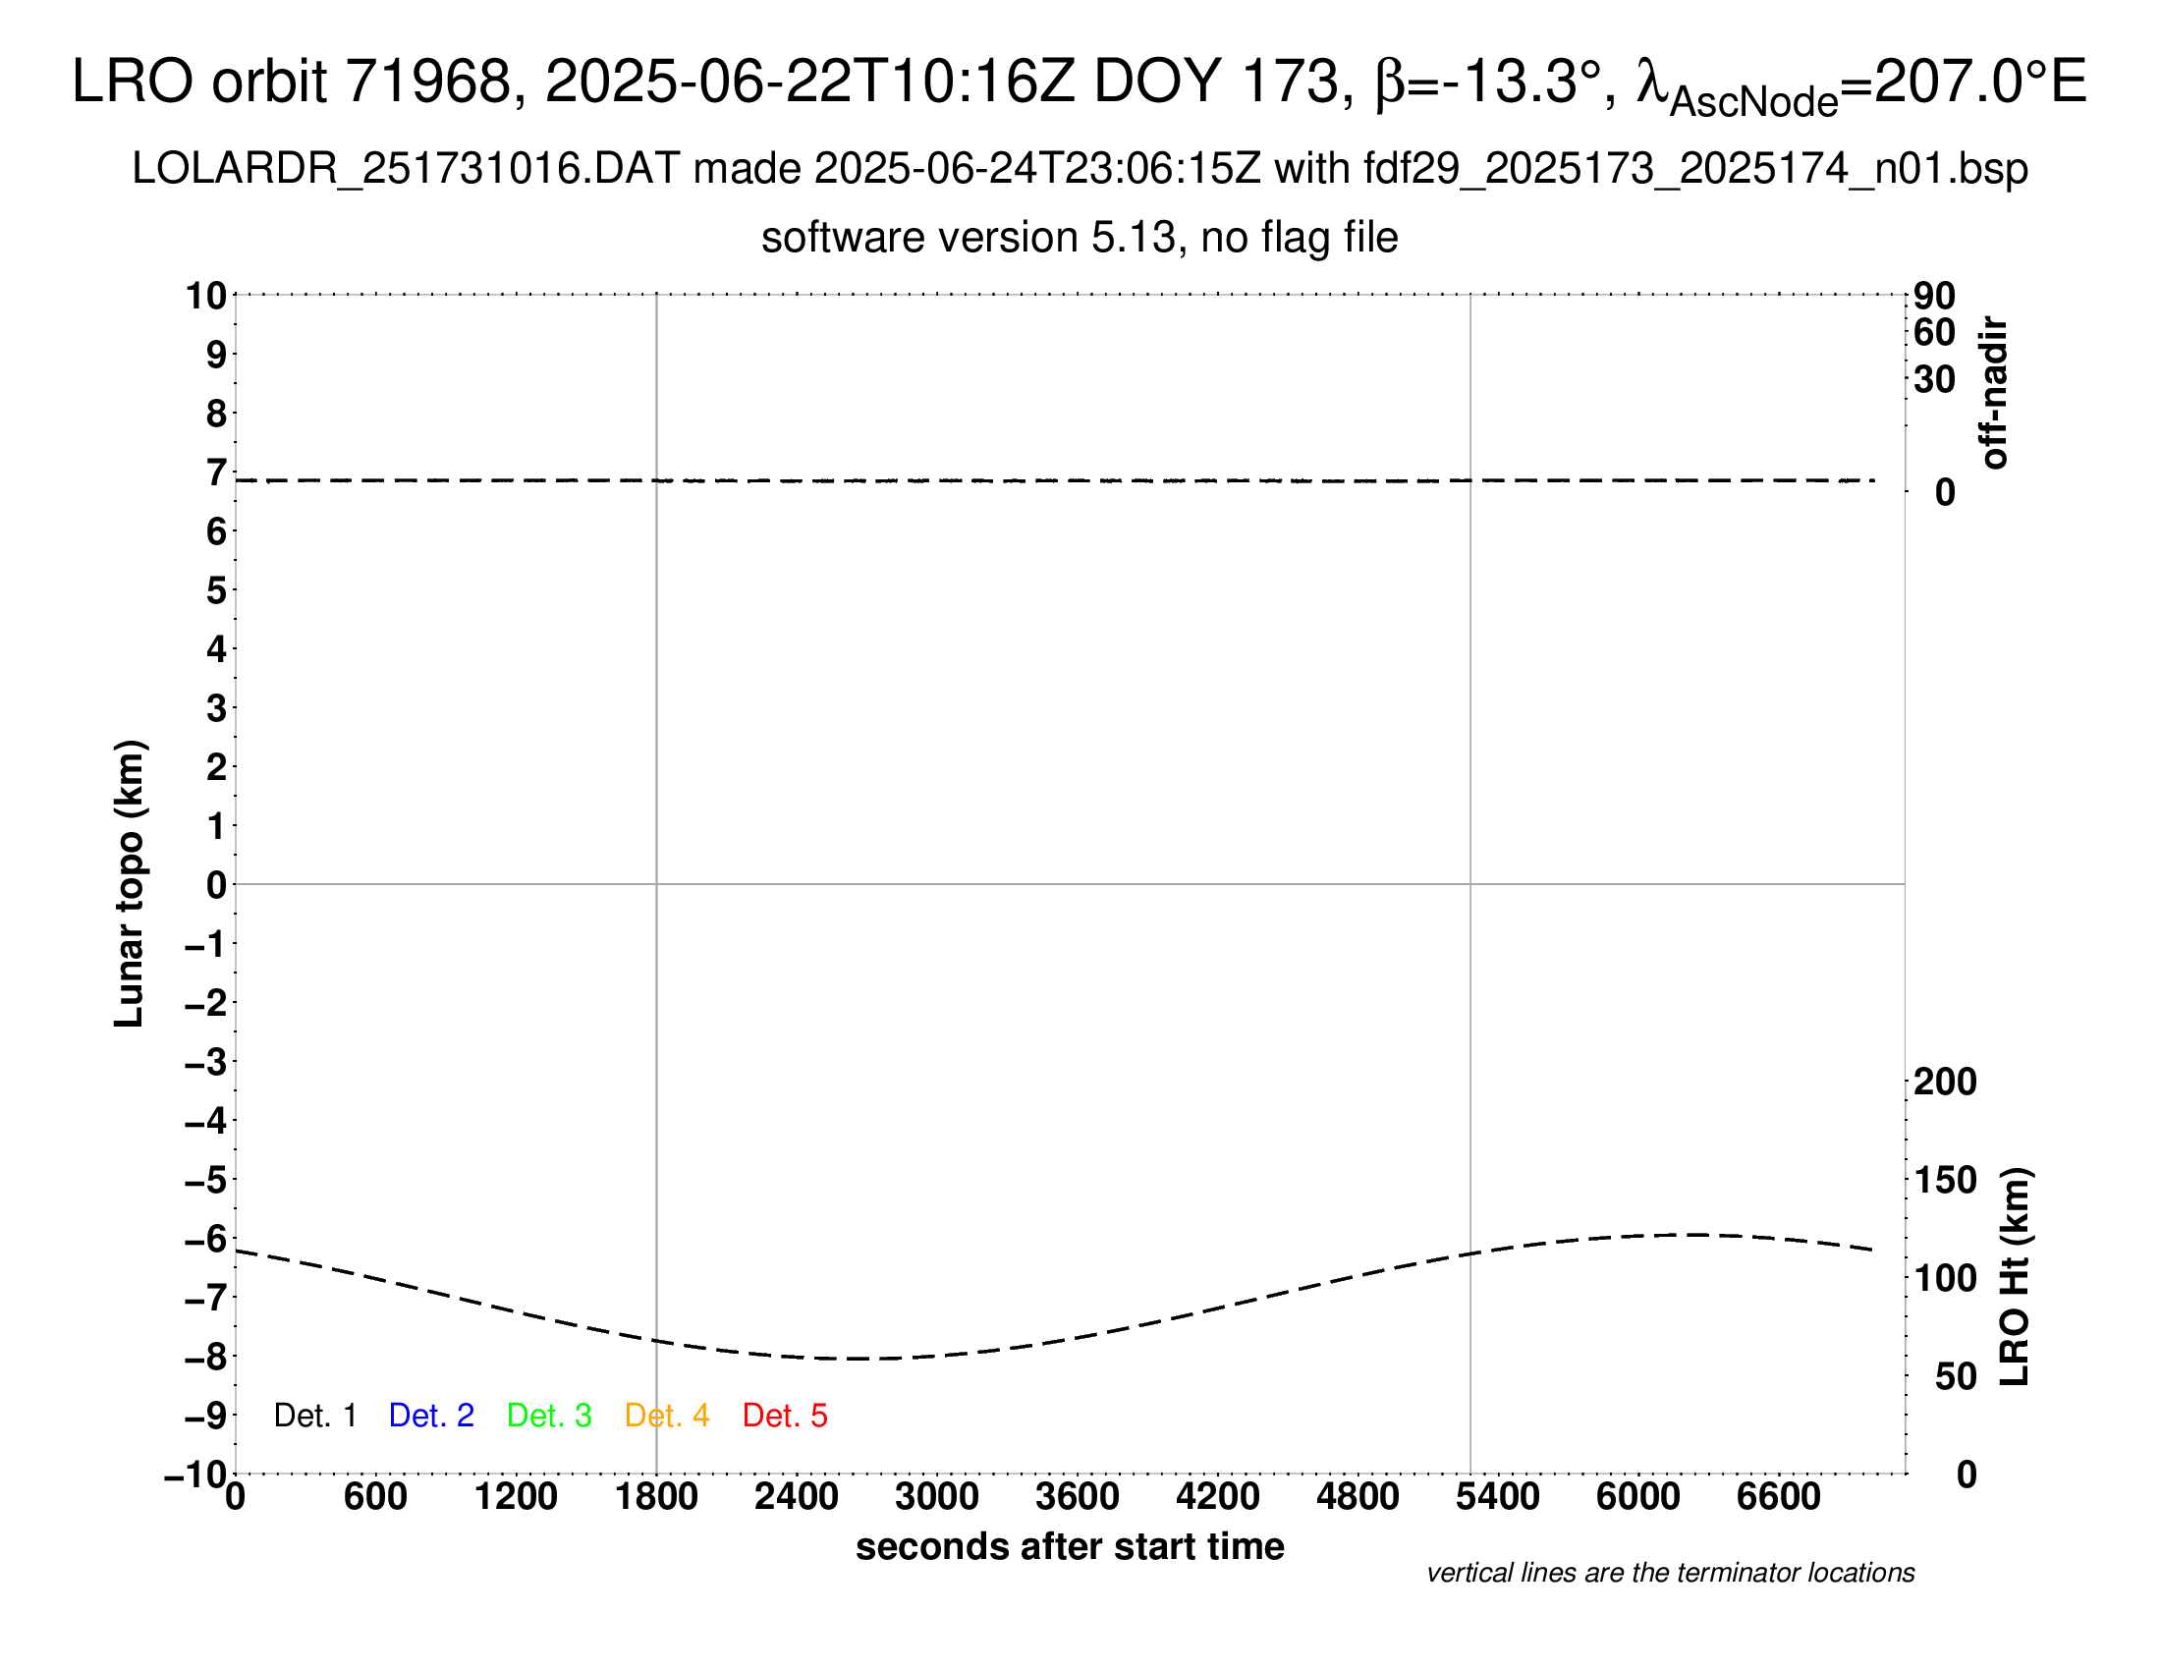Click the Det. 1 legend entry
[314, 1416]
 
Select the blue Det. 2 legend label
[431, 1416]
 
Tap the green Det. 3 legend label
[549, 1416]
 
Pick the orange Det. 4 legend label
[667, 1416]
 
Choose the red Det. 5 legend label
[785, 1416]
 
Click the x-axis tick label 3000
[937, 1497]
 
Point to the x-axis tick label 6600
[1778, 1497]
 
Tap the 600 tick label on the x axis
[375, 1497]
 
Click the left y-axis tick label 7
[216, 473]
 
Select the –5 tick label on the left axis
[206, 1180]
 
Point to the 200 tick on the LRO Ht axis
[1945, 1083]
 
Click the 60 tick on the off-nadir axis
[1934, 333]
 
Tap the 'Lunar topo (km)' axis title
[130, 883]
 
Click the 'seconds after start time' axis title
[1070, 1546]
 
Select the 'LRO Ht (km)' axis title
[2015, 1277]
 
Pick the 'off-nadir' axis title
[1994, 393]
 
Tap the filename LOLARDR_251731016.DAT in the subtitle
[406, 169]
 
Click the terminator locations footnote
[1670, 1573]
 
